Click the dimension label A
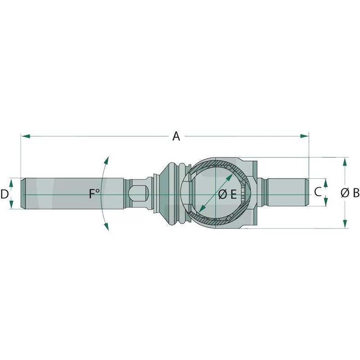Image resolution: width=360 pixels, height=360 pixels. [176, 136]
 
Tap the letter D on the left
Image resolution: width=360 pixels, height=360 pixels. [5, 194]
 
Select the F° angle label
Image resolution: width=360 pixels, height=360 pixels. [94, 194]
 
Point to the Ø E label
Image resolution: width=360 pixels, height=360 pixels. [227, 194]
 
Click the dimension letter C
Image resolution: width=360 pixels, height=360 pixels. [317, 192]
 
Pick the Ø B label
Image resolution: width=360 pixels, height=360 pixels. [350, 193]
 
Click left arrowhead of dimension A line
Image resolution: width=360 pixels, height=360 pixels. [25, 135]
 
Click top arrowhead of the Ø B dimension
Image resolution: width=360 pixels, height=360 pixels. [345, 161]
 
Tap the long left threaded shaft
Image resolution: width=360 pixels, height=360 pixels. [72, 193]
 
